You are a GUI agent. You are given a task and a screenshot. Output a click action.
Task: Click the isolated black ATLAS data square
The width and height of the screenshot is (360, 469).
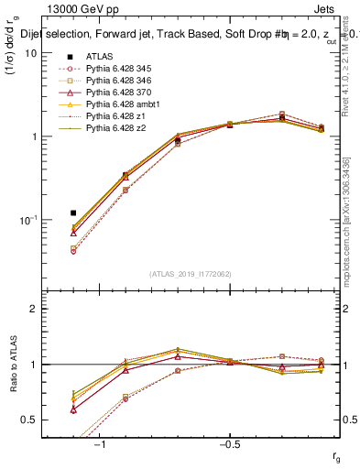click(x=73, y=213)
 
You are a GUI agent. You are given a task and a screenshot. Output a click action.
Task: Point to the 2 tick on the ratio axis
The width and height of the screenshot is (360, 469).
click(x=33, y=309)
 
